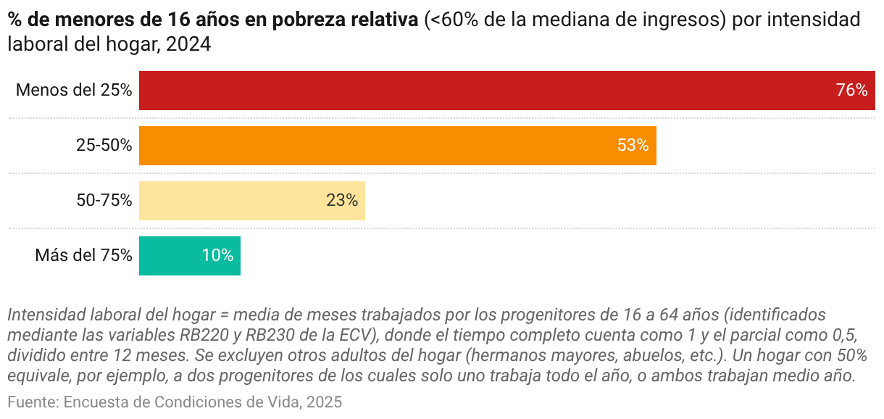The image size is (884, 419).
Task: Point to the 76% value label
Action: tap(851, 91)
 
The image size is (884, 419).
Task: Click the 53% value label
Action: tap(633, 146)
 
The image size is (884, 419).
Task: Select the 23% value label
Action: tap(342, 201)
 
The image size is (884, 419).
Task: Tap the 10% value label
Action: tap(217, 256)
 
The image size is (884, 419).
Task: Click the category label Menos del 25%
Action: tap(74, 91)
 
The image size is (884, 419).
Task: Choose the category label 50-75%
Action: tap(104, 201)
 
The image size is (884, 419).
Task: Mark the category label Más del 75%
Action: tap(83, 256)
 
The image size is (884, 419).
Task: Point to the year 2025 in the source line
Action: tap(323, 402)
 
